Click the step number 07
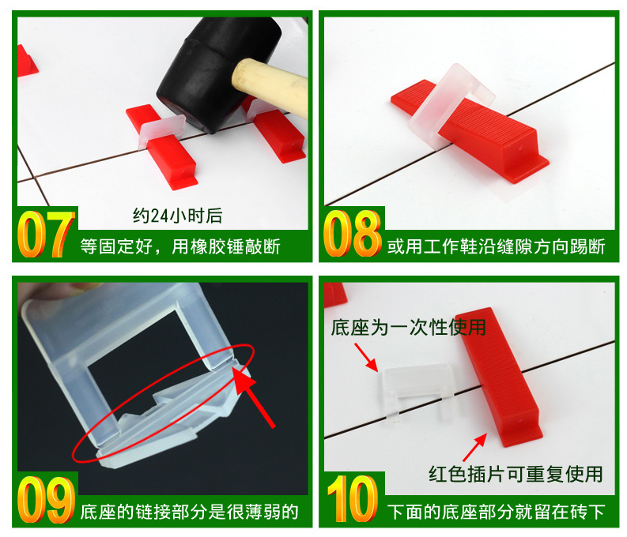click(x=46, y=234)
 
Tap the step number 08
click(x=353, y=234)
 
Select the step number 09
click(x=46, y=499)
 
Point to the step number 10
click(x=353, y=498)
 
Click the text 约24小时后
click(x=178, y=216)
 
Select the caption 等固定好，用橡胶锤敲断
click(x=180, y=246)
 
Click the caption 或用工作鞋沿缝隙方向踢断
click(x=496, y=246)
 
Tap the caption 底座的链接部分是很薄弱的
click(x=190, y=512)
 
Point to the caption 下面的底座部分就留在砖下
click(x=496, y=512)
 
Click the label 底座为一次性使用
click(x=408, y=328)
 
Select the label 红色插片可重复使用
click(x=516, y=475)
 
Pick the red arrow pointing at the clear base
click(x=366, y=357)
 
